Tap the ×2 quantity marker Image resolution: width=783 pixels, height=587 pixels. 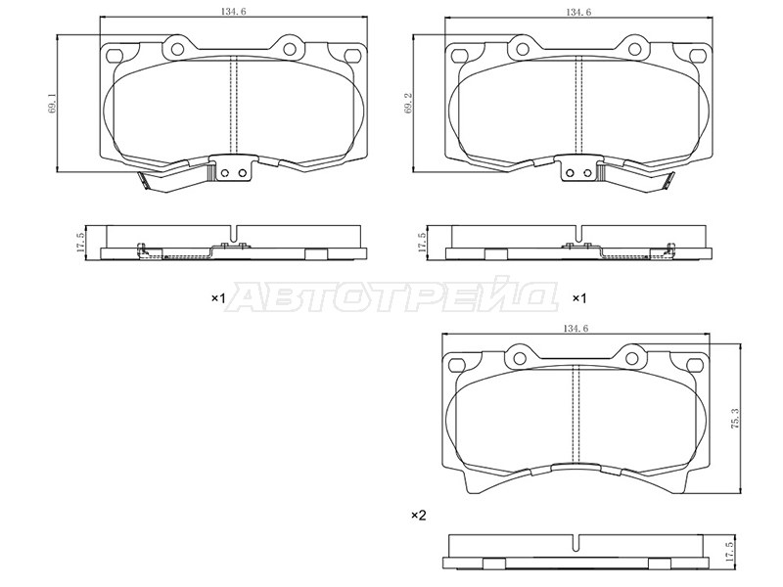tap(419, 515)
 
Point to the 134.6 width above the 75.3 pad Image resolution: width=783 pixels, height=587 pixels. tap(576, 329)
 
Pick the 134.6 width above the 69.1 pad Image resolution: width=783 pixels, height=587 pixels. tap(233, 12)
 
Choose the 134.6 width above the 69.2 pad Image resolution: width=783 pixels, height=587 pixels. tap(578, 12)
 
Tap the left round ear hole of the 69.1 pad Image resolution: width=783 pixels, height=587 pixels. tap(177, 49)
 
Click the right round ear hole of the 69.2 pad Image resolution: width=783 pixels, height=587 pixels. tap(634, 49)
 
